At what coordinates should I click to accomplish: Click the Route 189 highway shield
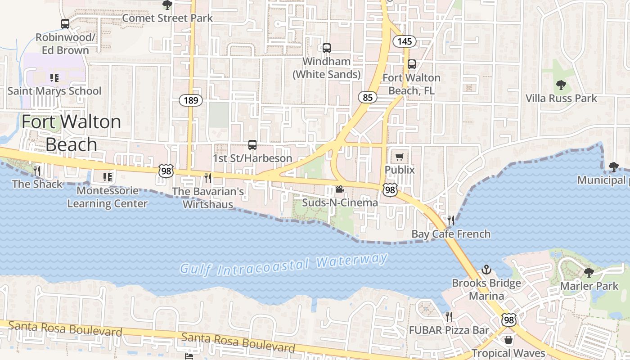pos(191,100)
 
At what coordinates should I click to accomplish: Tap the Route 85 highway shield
pos(368,97)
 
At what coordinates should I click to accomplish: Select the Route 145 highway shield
pos(405,41)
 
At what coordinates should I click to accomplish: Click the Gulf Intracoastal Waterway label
pos(283,265)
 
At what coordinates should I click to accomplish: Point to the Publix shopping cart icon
pos(400,157)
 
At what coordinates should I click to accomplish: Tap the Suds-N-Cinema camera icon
pos(340,189)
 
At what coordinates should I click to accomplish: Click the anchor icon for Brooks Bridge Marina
pos(486,270)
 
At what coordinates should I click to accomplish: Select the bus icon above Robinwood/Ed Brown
pos(65,24)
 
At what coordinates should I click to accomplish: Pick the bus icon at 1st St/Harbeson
pos(252,145)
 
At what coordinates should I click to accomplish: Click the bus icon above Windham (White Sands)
pos(327,48)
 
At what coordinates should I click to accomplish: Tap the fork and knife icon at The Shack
pos(37,171)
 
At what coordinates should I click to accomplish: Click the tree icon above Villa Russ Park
pos(561,85)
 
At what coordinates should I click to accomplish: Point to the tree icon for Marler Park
pos(589,272)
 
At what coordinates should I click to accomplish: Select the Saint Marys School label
pos(54,91)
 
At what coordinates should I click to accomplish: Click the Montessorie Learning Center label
pos(107,197)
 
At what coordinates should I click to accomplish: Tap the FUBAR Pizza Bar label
pos(449,330)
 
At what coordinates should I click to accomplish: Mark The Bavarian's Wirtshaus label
pos(208,198)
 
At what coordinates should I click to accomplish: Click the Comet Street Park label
pos(167,18)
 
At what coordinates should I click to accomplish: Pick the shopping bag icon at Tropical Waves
pos(508,340)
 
